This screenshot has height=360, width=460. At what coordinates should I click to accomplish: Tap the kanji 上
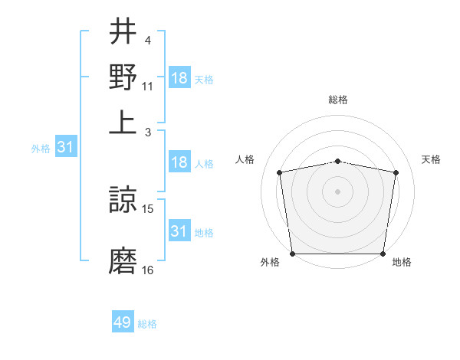pyautogui.click(x=123, y=123)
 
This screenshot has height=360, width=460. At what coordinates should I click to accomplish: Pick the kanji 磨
pyautogui.click(x=123, y=261)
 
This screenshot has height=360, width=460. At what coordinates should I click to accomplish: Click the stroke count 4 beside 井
pyautogui.click(x=147, y=40)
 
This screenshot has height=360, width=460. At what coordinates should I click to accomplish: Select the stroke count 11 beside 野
pyautogui.click(x=148, y=86)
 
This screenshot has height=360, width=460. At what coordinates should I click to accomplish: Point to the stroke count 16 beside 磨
pyautogui.click(x=148, y=270)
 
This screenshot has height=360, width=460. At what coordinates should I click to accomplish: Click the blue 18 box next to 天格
pyautogui.click(x=179, y=78)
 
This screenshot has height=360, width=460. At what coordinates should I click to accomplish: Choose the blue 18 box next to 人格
pyautogui.click(x=179, y=162)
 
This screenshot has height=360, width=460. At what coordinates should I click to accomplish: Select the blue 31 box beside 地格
pyautogui.click(x=179, y=231)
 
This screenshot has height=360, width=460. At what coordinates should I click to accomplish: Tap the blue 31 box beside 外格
pyautogui.click(x=66, y=148)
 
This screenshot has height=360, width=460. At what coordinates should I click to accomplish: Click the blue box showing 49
pyautogui.click(x=123, y=322)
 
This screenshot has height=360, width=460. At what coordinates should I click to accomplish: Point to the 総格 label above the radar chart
pyautogui.click(x=338, y=100)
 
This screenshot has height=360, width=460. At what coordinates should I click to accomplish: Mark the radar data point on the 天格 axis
pyautogui.click(x=396, y=172)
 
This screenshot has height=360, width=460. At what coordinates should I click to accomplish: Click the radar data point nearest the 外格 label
pyautogui.click(x=293, y=254)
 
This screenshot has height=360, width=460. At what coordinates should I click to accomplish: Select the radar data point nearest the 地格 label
pyautogui.click(x=383, y=254)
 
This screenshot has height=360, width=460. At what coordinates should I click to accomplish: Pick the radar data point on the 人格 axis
pyautogui.click(x=280, y=172)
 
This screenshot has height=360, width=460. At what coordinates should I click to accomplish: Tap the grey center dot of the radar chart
pyautogui.click(x=338, y=191)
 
